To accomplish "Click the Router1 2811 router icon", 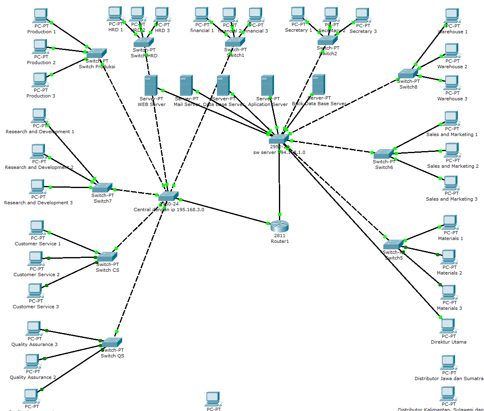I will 279,226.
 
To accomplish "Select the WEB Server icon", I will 151,85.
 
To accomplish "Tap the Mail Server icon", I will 186,85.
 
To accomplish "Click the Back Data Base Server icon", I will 318,84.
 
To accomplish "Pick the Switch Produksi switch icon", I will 96,54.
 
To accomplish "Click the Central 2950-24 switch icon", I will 168,196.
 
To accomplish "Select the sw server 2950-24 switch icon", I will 279,139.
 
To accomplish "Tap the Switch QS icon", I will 112,342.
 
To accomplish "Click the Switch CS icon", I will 107,257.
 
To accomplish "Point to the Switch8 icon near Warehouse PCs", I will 408,74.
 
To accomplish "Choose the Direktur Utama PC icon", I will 447,326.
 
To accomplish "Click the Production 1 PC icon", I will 41,16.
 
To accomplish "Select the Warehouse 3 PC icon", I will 451,83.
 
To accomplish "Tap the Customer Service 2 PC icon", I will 36,259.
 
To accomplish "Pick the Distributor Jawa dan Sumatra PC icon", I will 448,362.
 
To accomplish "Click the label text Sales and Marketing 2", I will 452,166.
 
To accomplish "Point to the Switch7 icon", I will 102,188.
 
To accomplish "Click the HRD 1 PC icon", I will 115,14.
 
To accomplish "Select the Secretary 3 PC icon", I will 362,15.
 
